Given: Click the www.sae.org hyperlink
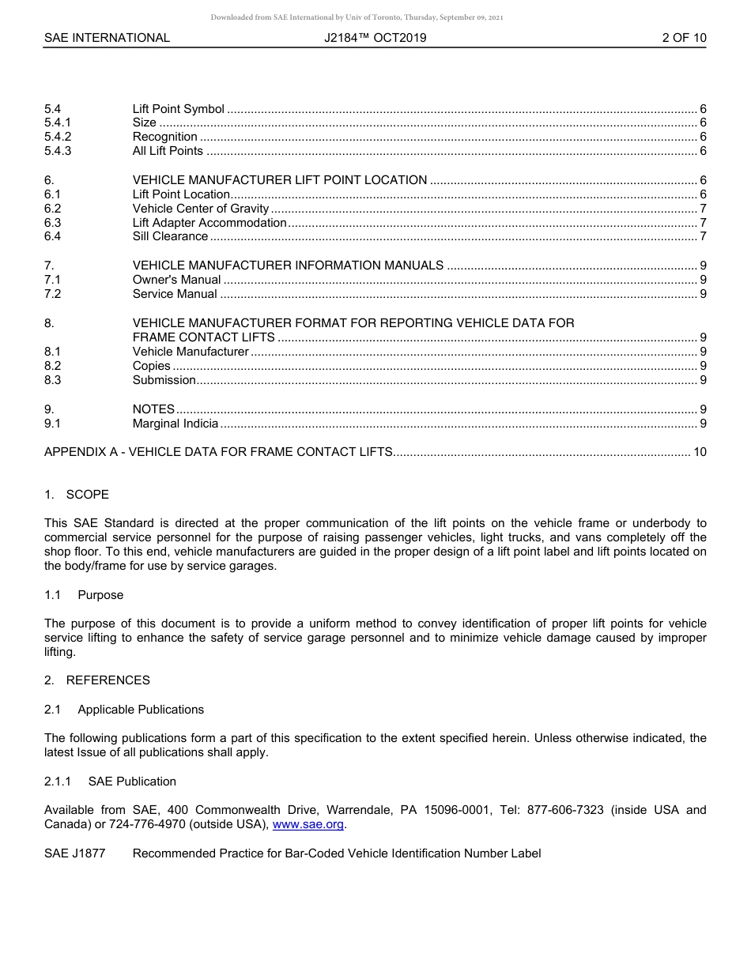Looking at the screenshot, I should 308,825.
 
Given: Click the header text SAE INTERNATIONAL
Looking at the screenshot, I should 107,38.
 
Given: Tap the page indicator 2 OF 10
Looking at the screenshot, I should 684,38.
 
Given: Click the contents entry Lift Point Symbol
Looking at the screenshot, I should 178,109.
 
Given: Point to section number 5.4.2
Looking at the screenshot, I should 58,137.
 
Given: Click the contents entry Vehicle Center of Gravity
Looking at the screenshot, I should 201,209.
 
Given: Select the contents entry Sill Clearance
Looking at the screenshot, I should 170,236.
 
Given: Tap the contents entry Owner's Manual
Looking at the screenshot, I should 176,280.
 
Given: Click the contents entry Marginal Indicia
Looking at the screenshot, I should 175,424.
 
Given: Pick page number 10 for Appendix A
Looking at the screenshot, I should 700,452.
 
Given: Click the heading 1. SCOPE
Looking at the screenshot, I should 77,495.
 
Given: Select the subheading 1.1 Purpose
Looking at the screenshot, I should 84,595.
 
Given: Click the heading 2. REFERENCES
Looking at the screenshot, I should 96,680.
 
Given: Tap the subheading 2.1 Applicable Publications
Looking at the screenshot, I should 124,710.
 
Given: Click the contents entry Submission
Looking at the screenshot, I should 164,380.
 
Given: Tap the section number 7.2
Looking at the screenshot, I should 52,294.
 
